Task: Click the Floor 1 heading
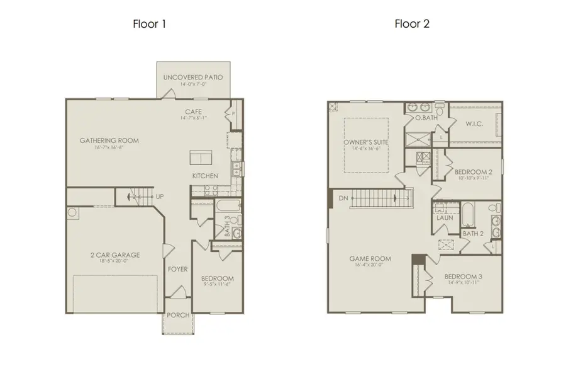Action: tap(149, 25)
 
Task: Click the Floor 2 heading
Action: tap(412, 25)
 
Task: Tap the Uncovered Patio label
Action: tap(193, 77)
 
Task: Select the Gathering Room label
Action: tap(109, 140)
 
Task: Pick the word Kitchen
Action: tap(205, 176)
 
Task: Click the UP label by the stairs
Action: tap(160, 197)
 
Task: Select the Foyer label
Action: tap(177, 269)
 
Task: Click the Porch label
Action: tap(177, 316)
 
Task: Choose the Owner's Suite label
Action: tap(365, 142)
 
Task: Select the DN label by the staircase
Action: tap(343, 197)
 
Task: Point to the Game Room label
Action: tap(370, 258)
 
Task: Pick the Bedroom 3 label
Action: tap(462, 277)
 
